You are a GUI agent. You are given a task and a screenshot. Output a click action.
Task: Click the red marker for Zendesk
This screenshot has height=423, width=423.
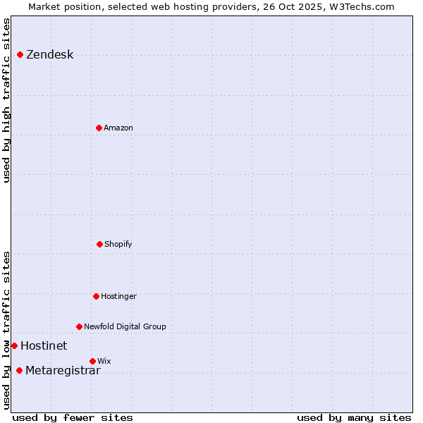(x=20, y=54)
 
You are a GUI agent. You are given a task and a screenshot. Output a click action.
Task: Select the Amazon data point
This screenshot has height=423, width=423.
(x=99, y=128)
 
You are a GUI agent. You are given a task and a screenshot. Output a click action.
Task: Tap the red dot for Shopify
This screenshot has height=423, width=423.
(x=99, y=244)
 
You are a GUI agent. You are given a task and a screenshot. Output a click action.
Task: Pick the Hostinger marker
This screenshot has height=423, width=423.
(x=96, y=296)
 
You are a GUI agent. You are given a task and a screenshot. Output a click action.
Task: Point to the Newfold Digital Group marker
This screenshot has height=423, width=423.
(x=79, y=326)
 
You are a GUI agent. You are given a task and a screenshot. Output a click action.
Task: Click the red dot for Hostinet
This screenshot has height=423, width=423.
(x=14, y=345)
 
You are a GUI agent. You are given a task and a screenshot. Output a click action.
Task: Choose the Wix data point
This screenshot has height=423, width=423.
(x=92, y=361)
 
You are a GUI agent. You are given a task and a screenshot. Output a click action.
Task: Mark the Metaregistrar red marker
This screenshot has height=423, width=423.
(x=19, y=370)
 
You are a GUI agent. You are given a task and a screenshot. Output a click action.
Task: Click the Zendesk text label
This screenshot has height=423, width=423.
(x=49, y=55)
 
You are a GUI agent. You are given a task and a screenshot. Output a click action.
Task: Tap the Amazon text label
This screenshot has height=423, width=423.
(x=118, y=128)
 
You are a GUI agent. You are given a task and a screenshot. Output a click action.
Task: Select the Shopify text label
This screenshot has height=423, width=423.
(x=118, y=244)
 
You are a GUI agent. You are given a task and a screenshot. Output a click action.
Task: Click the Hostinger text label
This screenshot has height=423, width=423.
(x=118, y=296)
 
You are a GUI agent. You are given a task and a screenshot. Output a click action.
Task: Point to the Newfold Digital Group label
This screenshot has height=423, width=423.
(x=125, y=326)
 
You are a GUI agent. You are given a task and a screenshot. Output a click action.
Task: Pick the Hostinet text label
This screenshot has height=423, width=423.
(x=44, y=345)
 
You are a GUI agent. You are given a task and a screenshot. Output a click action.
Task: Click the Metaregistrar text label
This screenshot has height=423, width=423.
(x=63, y=371)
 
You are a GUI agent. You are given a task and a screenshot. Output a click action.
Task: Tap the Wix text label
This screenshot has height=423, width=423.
(x=104, y=361)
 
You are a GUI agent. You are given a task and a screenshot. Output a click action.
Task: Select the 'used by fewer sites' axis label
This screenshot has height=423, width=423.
(x=73, y=417)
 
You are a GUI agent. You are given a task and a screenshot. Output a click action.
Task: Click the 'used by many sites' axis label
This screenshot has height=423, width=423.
(x=354, y=417)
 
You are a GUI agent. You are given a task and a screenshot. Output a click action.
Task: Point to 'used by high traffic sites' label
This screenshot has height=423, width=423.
(x=6, y=100)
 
